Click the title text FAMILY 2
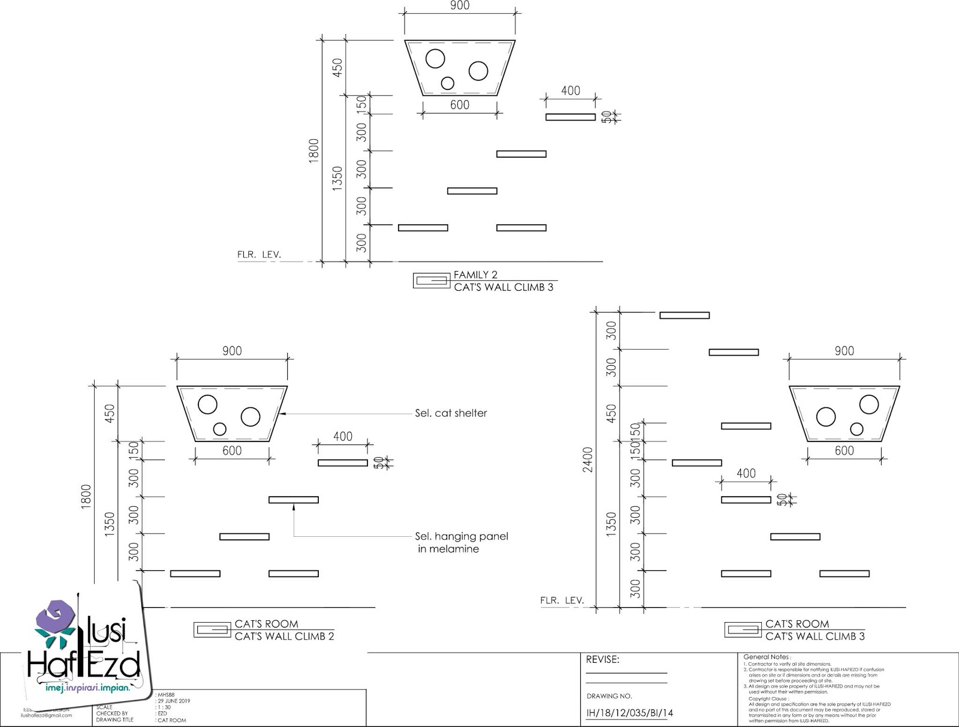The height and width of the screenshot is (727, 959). (x=475, y=275)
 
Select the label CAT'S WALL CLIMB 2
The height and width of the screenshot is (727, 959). (x=284, y=636)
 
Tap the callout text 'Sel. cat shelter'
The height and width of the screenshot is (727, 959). (x=451, y=413)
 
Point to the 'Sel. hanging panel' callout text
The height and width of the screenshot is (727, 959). (x=462, y=536)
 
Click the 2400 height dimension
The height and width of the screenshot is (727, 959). (x=588, y=459)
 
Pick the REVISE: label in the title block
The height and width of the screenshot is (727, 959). (x=602, y=659)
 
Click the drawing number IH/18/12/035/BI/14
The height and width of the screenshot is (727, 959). (x=629, y=713)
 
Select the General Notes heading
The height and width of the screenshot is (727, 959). (x=767, y=657)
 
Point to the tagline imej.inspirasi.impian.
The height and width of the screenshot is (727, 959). (x=88, y=688)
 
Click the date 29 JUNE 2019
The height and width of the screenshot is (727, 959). (x=174, y=701)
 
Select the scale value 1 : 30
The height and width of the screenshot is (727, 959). (x=163, y=707)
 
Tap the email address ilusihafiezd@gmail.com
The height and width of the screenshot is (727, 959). (x=46, y=715)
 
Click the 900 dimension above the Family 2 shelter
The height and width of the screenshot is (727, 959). (x=460, y=6)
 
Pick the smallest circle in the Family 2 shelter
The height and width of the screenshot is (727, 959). (x=447, y=83)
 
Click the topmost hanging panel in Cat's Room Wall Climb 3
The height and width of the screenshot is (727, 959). (x=684, y=315)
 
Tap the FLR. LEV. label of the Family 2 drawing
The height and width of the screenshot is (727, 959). (x=259, y=254)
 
